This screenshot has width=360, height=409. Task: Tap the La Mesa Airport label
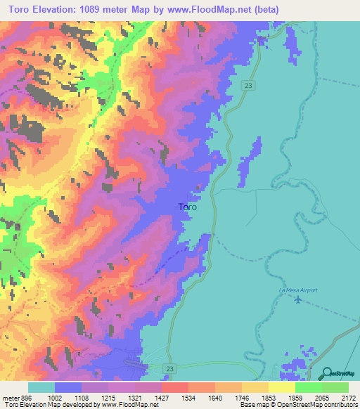click(297, 290)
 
